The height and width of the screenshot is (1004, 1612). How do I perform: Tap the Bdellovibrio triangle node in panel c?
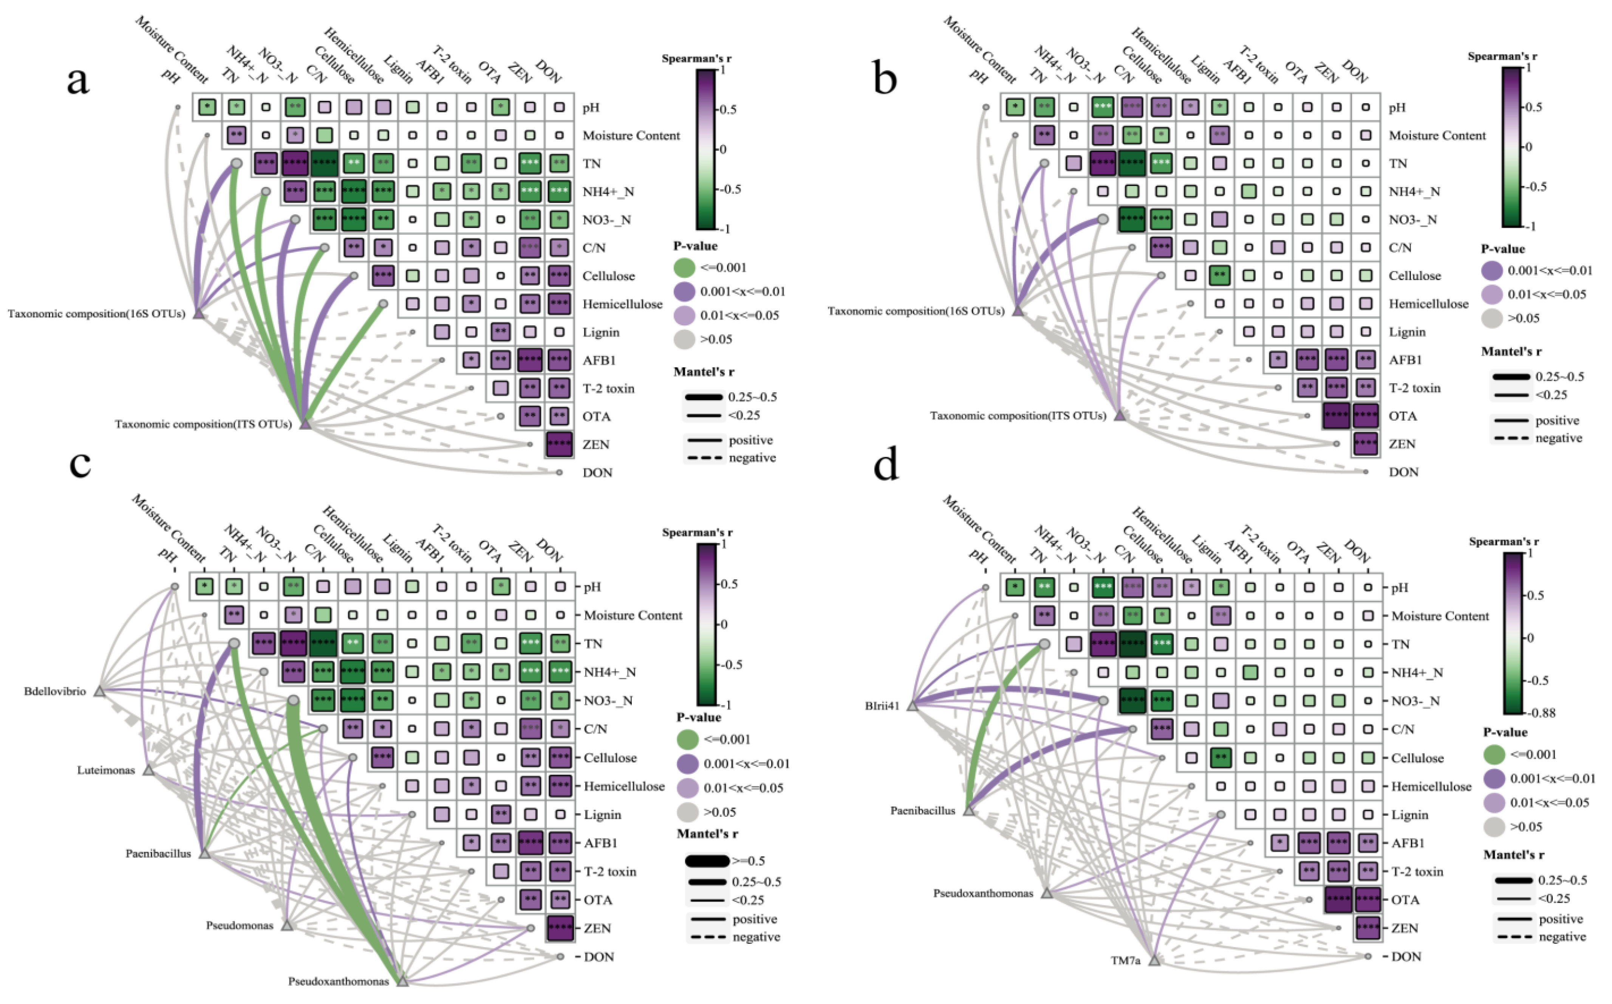pos(100,691)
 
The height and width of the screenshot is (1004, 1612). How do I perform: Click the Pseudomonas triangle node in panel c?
pos(287,925)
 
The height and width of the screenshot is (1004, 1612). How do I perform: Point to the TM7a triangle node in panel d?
pos(1154,960)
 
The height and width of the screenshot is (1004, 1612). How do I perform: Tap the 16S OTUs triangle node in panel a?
pos(198,313)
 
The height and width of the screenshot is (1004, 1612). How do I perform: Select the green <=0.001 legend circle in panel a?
pos(684,268)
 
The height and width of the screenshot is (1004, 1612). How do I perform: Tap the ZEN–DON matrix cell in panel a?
pos(559,444)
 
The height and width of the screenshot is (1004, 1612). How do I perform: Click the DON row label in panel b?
pos(1403,472)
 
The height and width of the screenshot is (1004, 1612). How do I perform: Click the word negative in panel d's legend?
pos(1562,937)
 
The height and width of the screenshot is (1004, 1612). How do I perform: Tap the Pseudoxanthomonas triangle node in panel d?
pos(1047,894)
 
